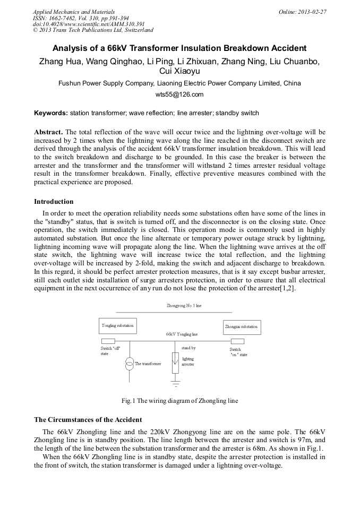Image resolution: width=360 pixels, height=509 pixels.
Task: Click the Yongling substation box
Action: point(118,325)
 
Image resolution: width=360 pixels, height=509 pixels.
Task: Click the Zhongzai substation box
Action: point(241,327)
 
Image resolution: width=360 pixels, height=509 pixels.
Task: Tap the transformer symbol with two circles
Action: point(129,364)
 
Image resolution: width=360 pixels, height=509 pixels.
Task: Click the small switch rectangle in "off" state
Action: point(108,341)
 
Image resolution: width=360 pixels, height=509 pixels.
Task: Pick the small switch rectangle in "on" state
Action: point(237,341)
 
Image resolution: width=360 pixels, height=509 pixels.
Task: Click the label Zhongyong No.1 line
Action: point(184,306)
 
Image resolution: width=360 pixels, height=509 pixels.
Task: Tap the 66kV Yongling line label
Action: point(182,334)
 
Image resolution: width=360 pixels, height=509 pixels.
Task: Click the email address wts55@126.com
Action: point(179,94)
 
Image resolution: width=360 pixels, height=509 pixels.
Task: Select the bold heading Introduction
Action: point(54,202)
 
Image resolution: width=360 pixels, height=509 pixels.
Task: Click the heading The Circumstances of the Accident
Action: point(88,420)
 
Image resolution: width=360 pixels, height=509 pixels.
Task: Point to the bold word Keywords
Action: point(50,113)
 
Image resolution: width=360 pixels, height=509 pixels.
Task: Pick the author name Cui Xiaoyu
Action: point(179,71)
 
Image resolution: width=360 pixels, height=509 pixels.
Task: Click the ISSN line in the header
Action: point(80,18)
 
